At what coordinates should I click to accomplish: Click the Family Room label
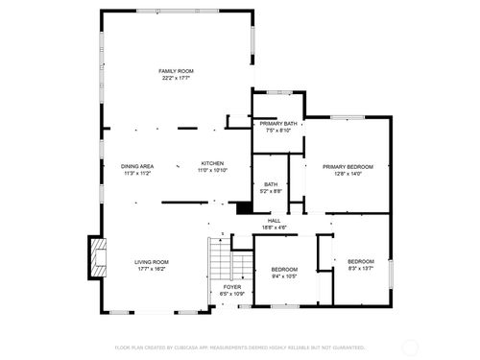tap(176, 71)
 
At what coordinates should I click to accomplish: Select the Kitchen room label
tap(213, 163)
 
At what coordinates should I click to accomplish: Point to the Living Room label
tap(151, 262)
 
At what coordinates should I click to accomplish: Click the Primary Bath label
tap(276, 124)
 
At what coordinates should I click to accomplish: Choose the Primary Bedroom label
tap(348, 166)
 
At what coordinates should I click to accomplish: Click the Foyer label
tap(232, 287)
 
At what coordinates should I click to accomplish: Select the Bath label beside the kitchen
tap(271, 184)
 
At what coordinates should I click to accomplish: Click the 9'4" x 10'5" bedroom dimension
tap(283, 276)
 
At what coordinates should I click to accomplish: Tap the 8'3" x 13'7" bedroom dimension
tap(360, 269)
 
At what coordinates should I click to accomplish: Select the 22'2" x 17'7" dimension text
tap(176, 79)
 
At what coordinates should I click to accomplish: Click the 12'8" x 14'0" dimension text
tap(348, 174)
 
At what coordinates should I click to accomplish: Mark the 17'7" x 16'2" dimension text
tap(151, 270)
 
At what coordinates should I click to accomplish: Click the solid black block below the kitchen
tap(244, 207)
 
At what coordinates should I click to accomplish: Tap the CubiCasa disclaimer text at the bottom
tap(240, 348)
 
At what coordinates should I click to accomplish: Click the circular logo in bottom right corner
tap(409, 348)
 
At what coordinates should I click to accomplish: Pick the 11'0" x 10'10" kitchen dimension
tap(213, 171)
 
